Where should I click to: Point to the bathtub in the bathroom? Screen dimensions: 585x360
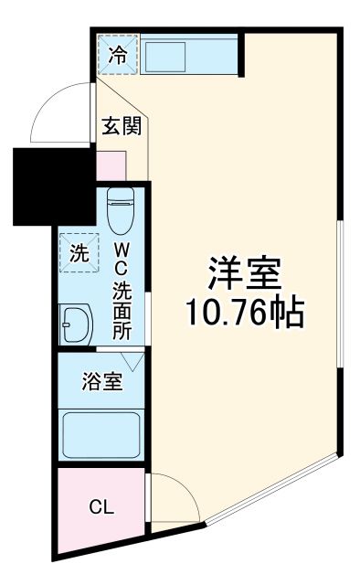[101, 435]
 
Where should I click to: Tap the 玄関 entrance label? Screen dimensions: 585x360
[120, 127]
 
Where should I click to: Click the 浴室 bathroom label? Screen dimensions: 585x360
[101, 381]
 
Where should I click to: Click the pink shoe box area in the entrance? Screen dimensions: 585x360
[111, 165]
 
